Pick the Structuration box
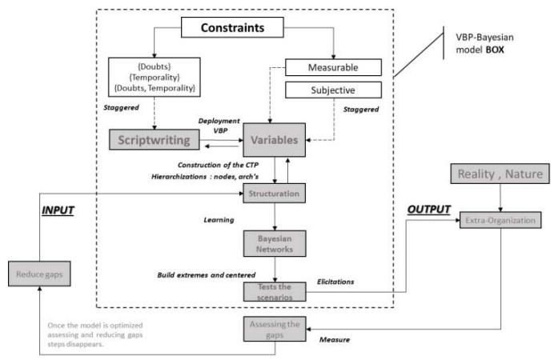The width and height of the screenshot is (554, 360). (275, 193)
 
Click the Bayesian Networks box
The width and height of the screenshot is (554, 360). (275, 244)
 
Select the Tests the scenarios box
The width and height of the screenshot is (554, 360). (275, 290)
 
